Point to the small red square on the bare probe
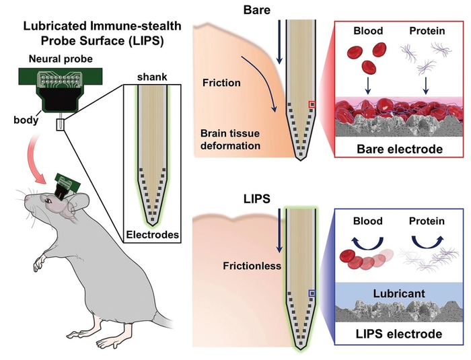[311, 104]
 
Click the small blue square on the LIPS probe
[311, 294]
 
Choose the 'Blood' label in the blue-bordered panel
[368, 221]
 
